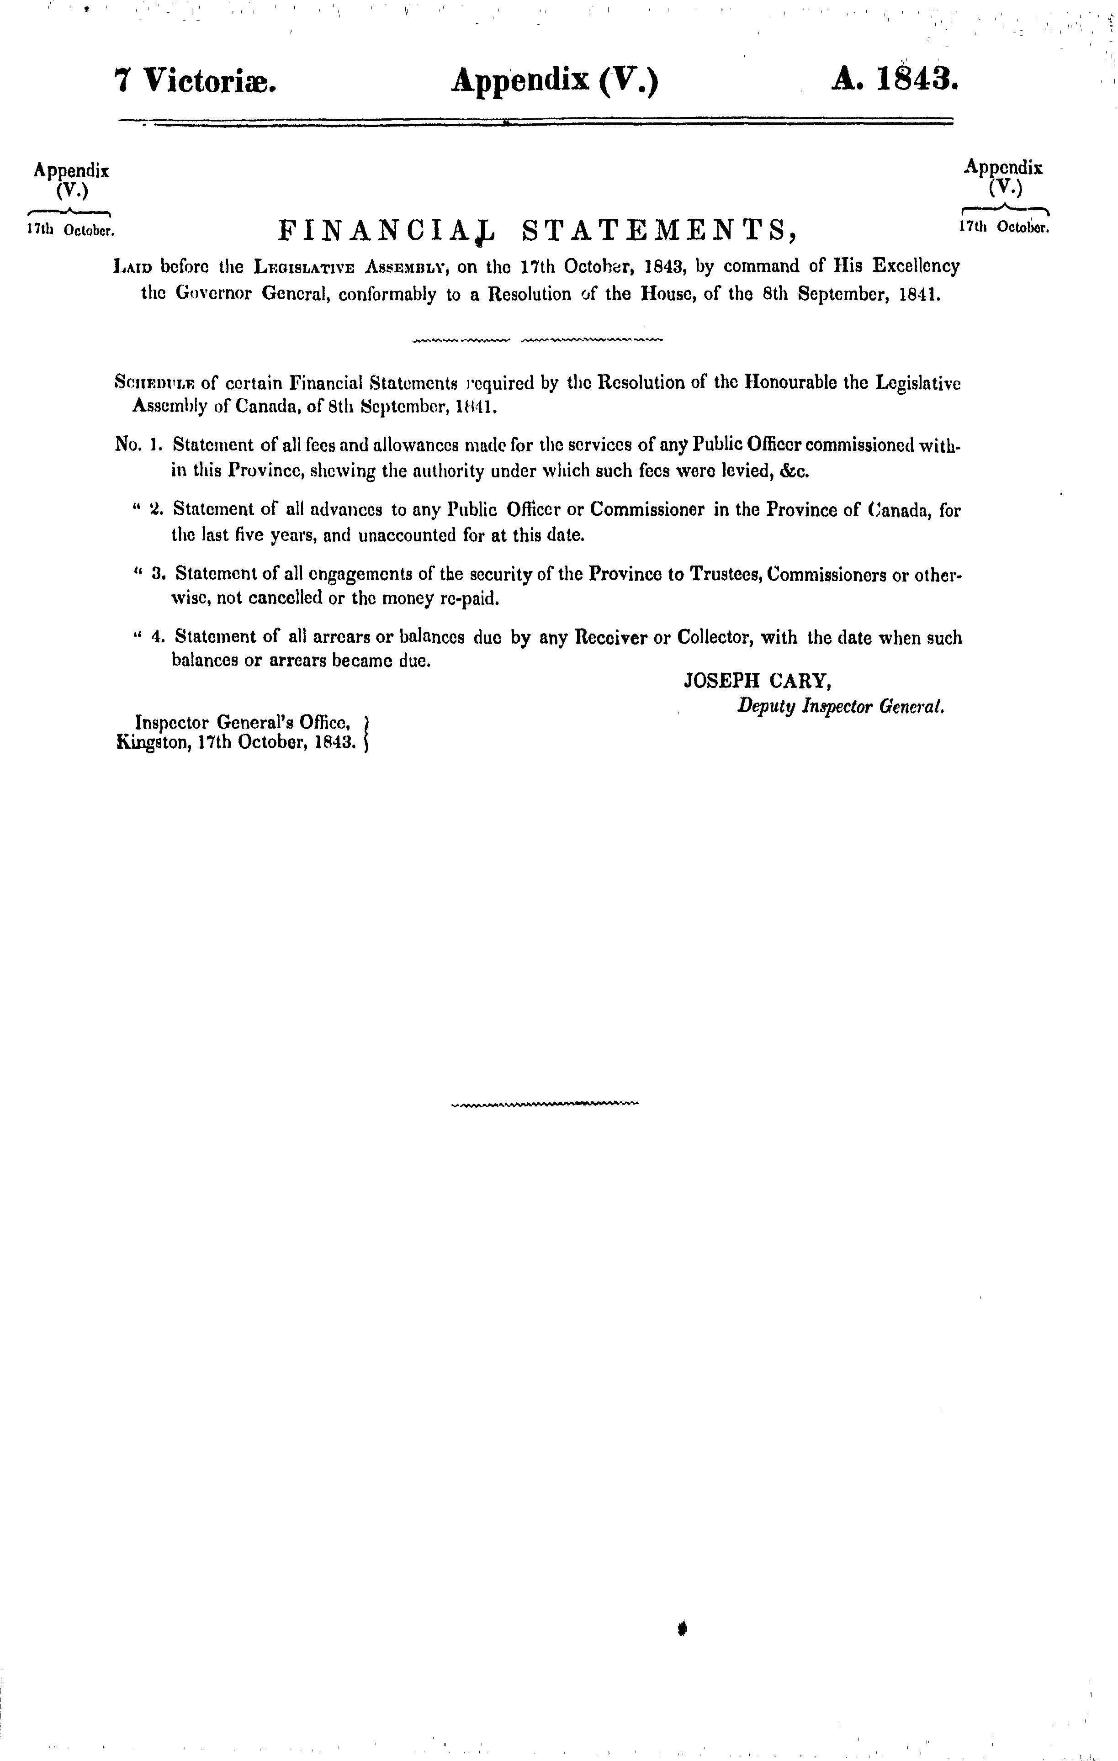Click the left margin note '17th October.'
pyautogui.click(x=71, y=230)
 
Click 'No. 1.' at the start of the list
pyautogui.click(x=138, y=444)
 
